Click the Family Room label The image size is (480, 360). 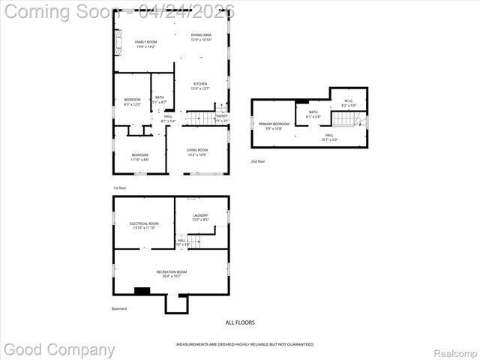pyautogui.click(x=145, y=43)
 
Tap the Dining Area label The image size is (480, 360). pyautogui.click(x=200, y=37)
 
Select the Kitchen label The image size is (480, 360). pyautogui.click(x=200, y=85)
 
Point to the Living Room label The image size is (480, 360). pyautogui.click(x=197, y=152)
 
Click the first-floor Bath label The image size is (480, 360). pyautogui.click(x=160, y=99)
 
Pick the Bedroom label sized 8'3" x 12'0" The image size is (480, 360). pyautogui.click(x=131, y=102)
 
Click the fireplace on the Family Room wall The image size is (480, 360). pyautogui.click(x=116, y=46)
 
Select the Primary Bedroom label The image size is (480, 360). pyautogui.click(x=274, y=125)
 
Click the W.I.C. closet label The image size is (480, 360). pyautogui.click(x=349, y=103)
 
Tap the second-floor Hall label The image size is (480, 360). pyautogui.click(x=329, y=136)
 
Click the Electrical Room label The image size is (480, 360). pyautogui.click(x=145, y=225)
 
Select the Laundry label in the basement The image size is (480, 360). pyautogui.click(x=200, y=217)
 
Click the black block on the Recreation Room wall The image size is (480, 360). pyautogui.click(x=142, y=292)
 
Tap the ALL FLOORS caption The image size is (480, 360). pyautogui.click(x=240, y=322)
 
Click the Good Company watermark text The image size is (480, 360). pyautogui.click(x=60, y=349)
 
